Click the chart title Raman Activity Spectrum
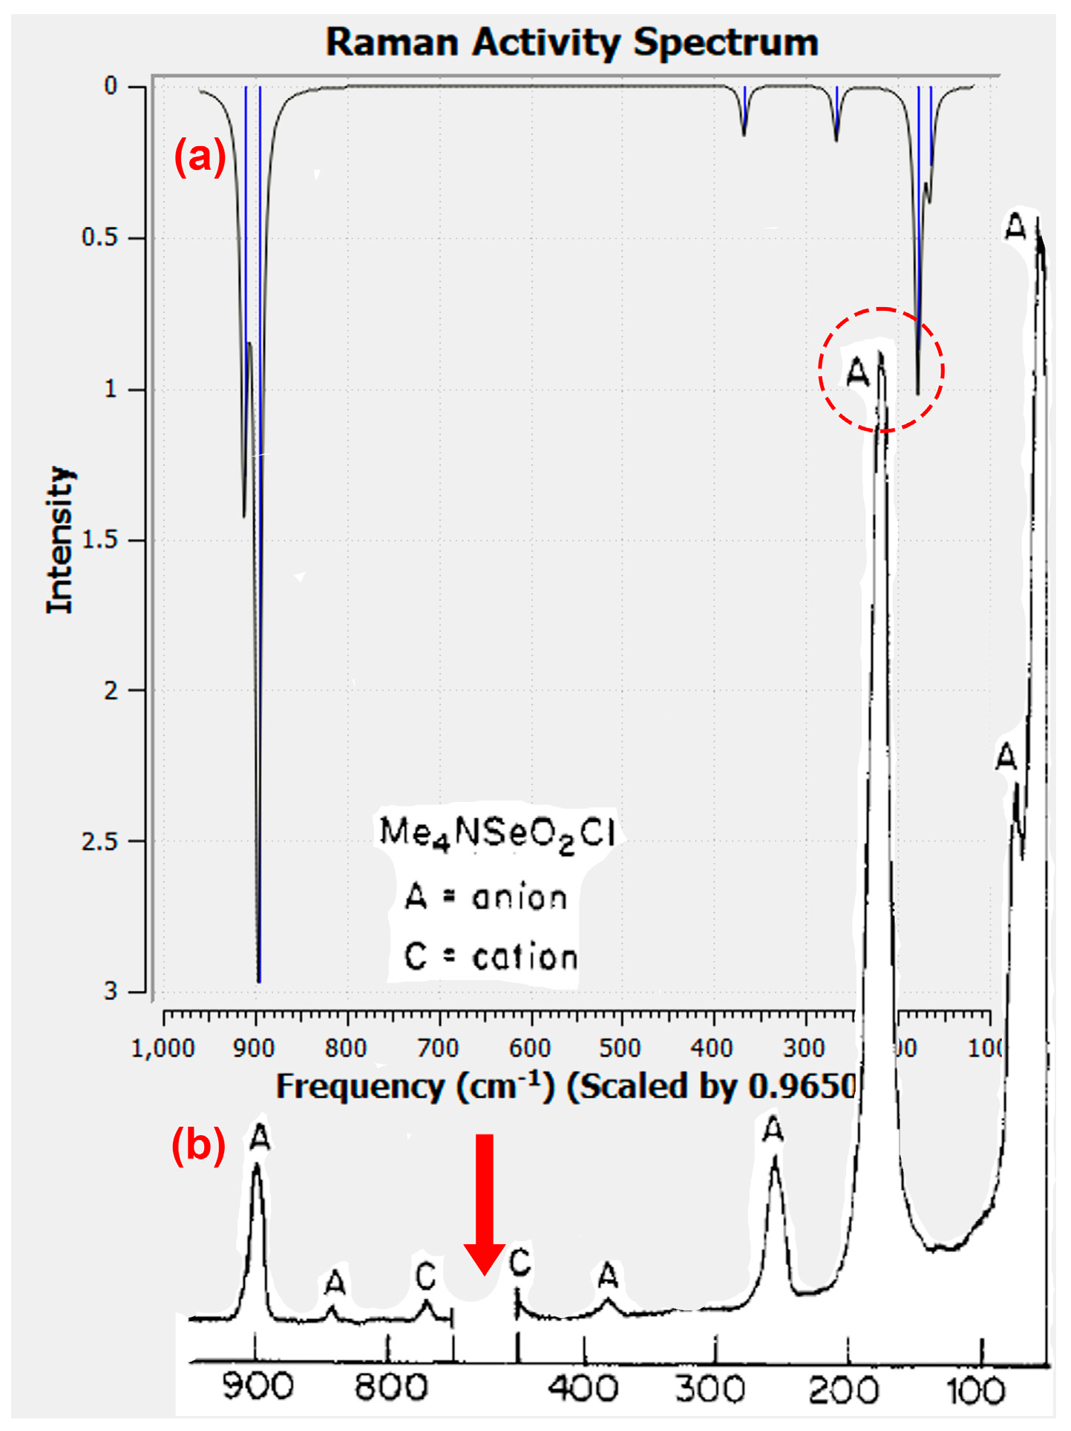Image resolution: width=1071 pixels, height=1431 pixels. point(571,42)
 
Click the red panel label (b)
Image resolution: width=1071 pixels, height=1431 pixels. point(198,1146)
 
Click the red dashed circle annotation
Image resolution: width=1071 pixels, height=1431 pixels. point(881,369)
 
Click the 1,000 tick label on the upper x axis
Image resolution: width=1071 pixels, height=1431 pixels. point(163,1048)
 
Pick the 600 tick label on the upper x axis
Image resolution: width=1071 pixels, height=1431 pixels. point(530,1048)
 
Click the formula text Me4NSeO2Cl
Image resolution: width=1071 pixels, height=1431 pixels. point(497,833)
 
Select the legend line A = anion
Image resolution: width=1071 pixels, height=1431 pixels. point(486,898)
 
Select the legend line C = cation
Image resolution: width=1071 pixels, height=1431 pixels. point(491,957)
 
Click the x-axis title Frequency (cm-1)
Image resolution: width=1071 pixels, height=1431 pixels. point(416,1087)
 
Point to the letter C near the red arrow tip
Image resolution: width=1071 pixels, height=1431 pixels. point(520,1262)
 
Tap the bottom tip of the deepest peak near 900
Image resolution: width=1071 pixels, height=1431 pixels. point(259,981)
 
